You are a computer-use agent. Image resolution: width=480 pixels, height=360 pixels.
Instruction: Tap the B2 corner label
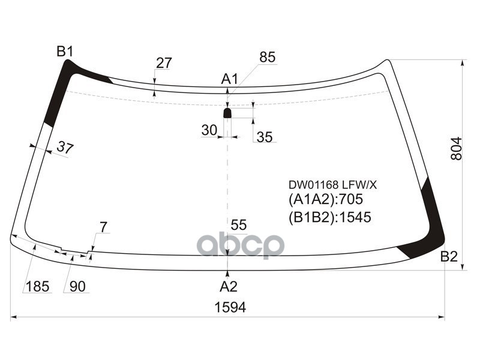point(449,257)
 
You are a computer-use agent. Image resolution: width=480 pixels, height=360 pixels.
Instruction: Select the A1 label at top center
point(230,79)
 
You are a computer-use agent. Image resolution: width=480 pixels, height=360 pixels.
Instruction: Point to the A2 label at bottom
point(228,286)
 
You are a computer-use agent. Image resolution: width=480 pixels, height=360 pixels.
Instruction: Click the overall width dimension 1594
point(230,307)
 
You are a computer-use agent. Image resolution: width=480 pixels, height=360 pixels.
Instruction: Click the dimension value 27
point(164,63)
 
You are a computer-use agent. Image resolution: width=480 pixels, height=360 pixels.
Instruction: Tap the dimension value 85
point(267,58)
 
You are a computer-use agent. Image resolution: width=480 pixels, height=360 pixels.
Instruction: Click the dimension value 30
point(209,130)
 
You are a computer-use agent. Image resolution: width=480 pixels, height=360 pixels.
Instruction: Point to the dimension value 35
point(265,137)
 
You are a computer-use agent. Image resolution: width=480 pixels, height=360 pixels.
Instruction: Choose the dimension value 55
point(239,225)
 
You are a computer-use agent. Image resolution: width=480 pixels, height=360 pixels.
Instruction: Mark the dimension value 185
point(37,286)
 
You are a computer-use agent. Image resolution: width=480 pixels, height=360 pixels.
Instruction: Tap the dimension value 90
point(77,286)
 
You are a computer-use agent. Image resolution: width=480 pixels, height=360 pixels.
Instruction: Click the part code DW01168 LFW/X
point(332,185)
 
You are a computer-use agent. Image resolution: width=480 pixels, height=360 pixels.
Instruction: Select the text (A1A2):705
point(326,200)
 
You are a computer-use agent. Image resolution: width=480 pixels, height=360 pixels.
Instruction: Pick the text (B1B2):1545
point(330,217)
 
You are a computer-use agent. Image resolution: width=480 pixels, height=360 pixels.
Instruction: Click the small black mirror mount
point(227,113)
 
